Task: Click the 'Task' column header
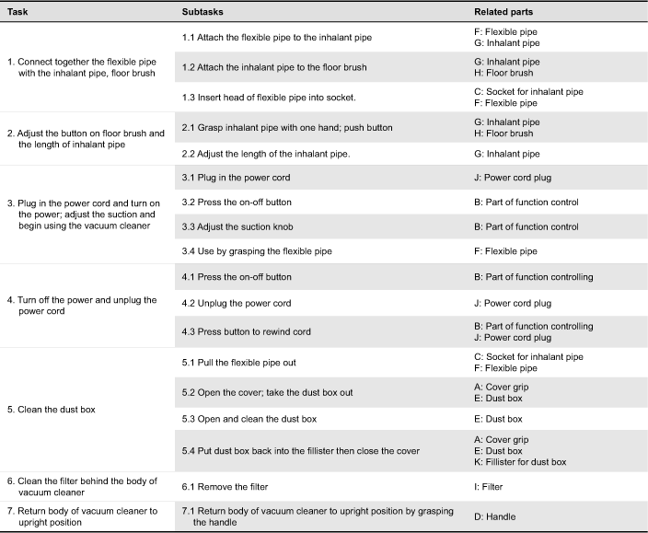17,11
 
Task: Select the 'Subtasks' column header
203,11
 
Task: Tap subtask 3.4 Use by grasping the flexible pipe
257,251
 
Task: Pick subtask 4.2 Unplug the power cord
237,303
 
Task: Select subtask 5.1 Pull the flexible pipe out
238,363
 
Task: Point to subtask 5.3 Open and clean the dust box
249,419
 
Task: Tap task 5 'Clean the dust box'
51,409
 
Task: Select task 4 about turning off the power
82,306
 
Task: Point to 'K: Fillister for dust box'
520,462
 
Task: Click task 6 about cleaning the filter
81,486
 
